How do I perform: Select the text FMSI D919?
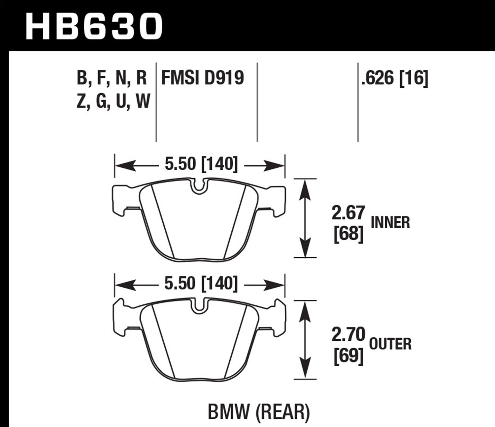(202, 78)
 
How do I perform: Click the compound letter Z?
(81, 101)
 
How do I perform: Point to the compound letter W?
(143, 101)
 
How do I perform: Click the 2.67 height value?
(348, 213)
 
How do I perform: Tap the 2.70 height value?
(348, 335)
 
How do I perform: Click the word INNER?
(390, 222)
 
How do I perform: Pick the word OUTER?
(390, 344)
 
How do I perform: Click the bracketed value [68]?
(348, 234)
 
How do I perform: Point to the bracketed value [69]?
(348, 356)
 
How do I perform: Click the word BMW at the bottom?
(227, 412)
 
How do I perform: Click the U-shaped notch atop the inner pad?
(198, 186)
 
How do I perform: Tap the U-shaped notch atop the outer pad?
(198, 306)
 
